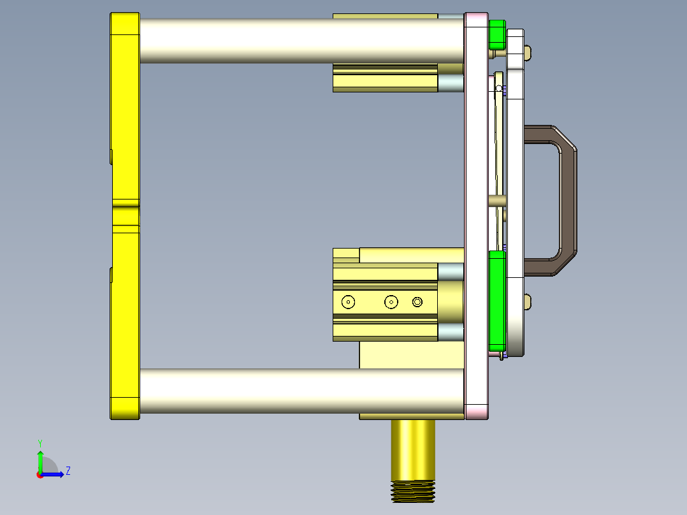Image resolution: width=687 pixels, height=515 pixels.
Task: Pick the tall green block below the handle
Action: (496, 300)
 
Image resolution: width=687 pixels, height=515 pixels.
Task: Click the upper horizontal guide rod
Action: (300, 40)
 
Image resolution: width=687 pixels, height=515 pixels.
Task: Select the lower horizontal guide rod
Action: (300, 390)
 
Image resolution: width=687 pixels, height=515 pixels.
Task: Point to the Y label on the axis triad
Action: (40, 442)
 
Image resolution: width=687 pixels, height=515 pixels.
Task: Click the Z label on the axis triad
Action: (68, 471)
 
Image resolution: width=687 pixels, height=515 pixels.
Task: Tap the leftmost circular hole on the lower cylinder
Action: (348, 302)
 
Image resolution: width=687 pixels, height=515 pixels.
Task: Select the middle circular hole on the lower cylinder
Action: (391, 302)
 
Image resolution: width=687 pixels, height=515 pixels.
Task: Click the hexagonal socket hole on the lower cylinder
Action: (417, 302)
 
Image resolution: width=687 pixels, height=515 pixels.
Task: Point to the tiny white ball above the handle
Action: (499, 89)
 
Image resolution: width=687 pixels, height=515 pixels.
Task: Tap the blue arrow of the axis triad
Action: (54, 474)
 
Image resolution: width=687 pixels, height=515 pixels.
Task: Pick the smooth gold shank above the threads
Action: (412, 449)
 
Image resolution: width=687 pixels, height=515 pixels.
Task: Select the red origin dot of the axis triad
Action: (40, 475)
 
